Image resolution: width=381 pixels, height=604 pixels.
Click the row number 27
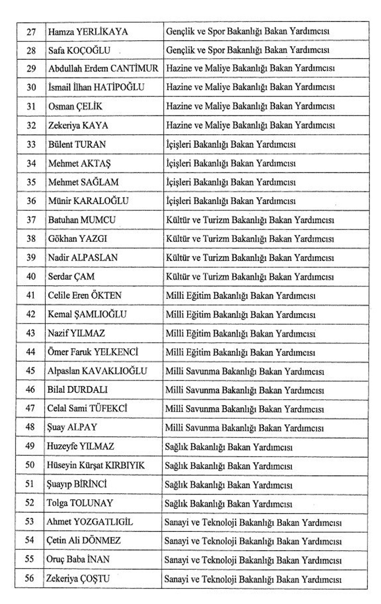pyautogui.click(x=31, y=32)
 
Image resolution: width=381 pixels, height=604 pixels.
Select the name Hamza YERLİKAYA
pyautogui.click(x=88, y=32)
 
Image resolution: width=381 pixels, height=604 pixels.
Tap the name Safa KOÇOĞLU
pyautogui.click(x=79, y=50)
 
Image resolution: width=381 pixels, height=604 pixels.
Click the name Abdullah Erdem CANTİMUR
pyautogui.click(x=103, y=69)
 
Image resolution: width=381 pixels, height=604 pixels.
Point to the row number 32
pyautogui.click(x=31, y=125)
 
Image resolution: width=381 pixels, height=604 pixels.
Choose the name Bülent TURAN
pyautogui.click(x=77, y=145)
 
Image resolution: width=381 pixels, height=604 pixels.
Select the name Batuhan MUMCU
pyautogui.click(x=82, y=220)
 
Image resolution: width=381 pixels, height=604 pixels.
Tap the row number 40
pyautogui.click(x=31, y=277)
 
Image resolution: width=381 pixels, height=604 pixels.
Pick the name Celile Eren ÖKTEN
pyautogui.click(x=85, y=295)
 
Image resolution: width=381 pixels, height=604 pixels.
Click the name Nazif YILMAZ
pyautogui.click(x=76, y=334)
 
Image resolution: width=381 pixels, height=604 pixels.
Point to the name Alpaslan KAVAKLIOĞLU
pyautogui.click(x=97, y=371)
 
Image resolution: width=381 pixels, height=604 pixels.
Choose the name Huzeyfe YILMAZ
pyautogui.click(x=80, y=447)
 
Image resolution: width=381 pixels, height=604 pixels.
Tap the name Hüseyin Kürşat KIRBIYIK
pyautogui.click(x=96, y=465)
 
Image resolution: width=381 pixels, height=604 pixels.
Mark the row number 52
pyautogui.click(x=30, y=503)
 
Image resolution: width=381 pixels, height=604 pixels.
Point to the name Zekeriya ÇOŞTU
pyautogui.click(x=78, y=579)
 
